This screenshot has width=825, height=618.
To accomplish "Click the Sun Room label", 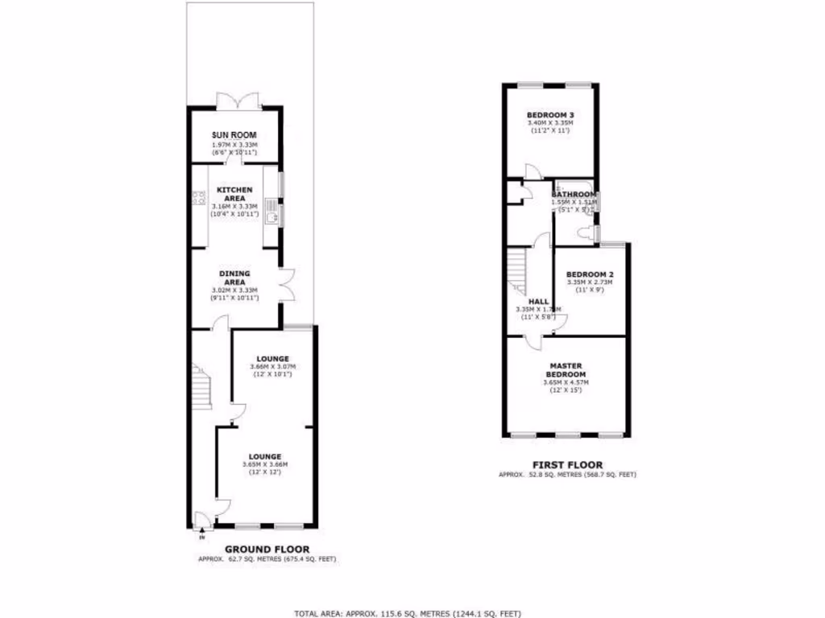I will point(234,136).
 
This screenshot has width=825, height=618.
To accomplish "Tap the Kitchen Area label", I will point(234,193).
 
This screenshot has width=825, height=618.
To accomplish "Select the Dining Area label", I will point(234,278).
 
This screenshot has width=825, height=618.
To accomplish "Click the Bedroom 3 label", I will point(550,115).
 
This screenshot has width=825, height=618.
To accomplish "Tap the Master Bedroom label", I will point(566,370).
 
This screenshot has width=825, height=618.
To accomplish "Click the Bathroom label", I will point(574,195).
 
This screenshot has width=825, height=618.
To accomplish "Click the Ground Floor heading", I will point(267,550).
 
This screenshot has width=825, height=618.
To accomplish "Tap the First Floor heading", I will point(567,464).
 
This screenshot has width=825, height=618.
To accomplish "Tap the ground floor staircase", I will point(200,385).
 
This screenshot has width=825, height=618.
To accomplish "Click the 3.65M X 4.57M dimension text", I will point(566,382).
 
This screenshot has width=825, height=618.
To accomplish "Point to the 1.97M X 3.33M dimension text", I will point(234,145).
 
